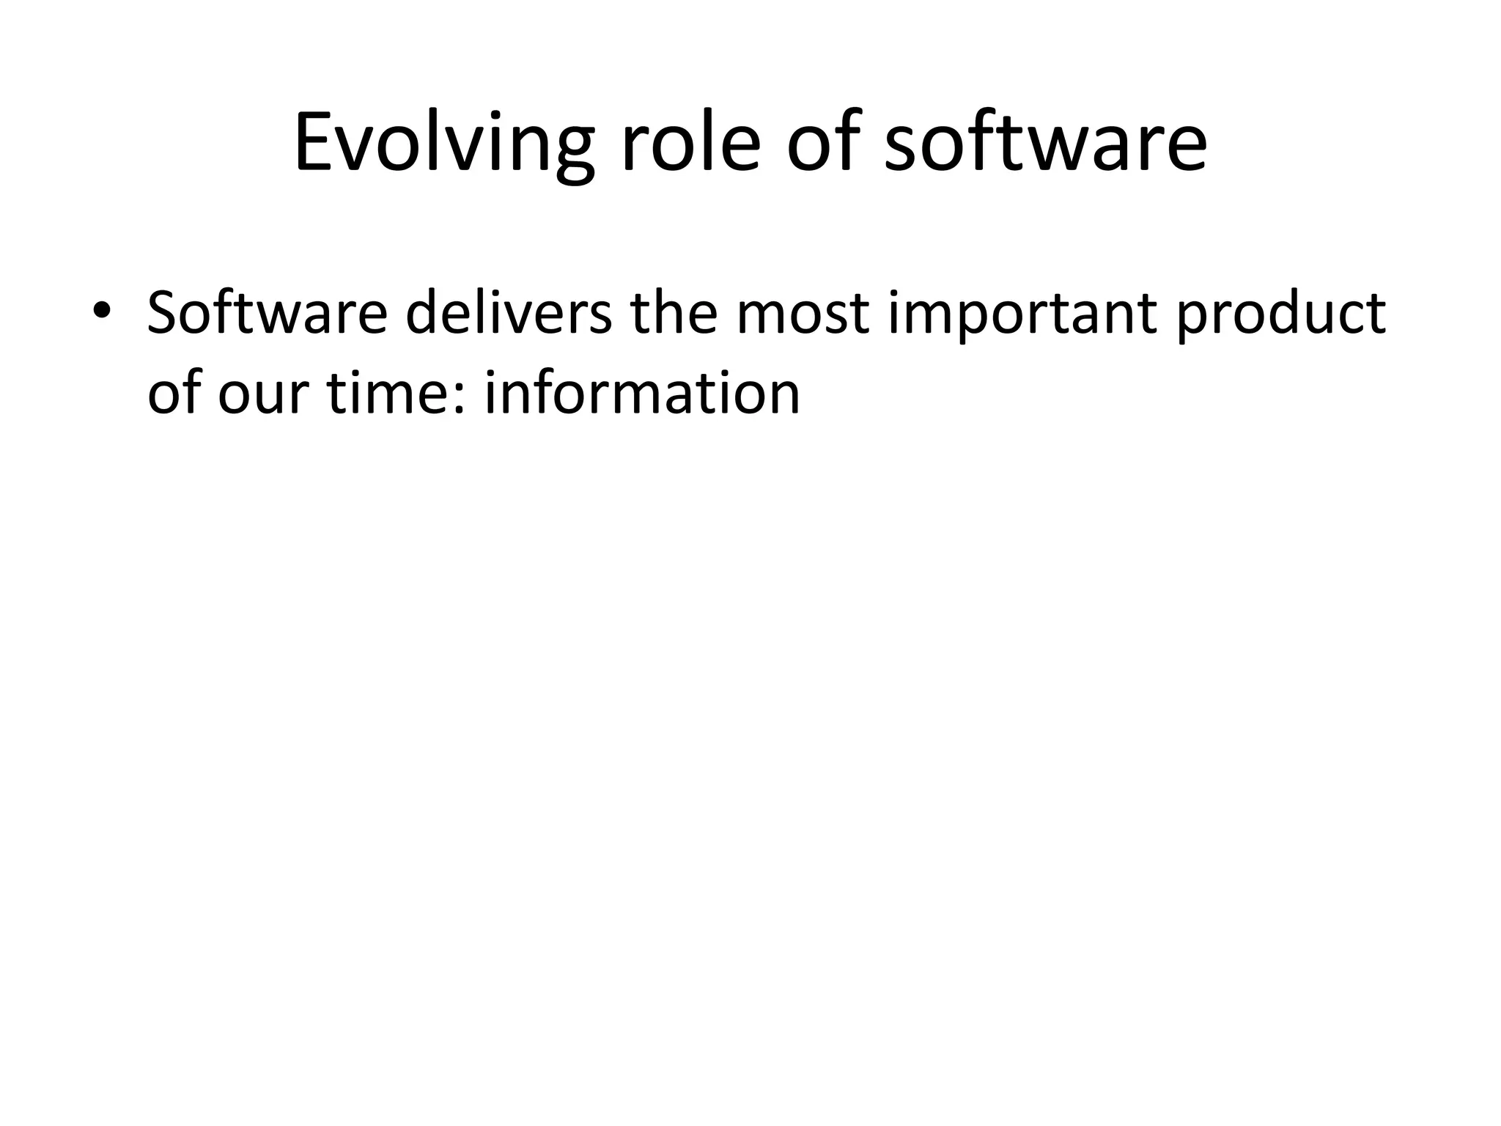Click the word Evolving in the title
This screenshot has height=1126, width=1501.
pos(443,143)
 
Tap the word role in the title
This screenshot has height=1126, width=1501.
pos(690,143)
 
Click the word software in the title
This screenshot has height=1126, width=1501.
pos(1045,143)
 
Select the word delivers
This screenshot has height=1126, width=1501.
pos(508,313)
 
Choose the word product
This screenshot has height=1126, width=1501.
pos(1281,313)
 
